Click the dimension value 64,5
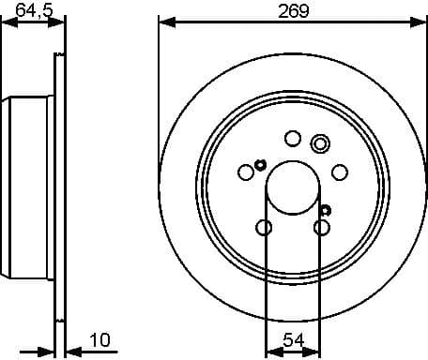tap(35, 11)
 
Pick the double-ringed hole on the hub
tap(320, 143)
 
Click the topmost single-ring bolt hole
tap(293, 140)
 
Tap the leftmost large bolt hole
tap(247, 172)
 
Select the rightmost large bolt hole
tap(339, 172)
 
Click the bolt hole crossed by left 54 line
tap(265, 227)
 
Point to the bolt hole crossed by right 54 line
tap(322, 227)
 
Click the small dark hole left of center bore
tap(260, 164)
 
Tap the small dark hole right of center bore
tap(325, 208)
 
